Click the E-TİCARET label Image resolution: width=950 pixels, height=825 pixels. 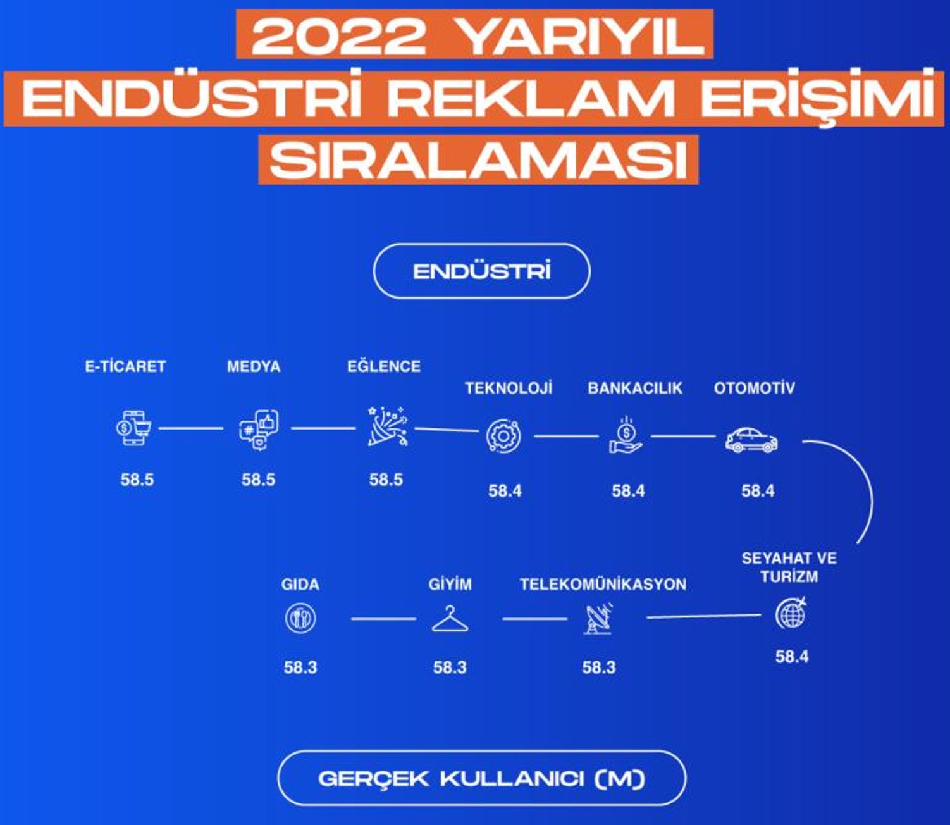pos(125,367)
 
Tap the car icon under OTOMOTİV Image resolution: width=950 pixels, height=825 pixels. pos(751,440)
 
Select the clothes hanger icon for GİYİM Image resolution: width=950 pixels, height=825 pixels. pos(450,618)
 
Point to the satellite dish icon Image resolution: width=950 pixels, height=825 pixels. pos(598,618)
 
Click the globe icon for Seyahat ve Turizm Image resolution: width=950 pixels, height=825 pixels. pos(791,613)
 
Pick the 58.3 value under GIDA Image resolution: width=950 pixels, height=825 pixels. pos(300,667)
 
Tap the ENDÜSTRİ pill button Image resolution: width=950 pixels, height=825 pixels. pos(481,271)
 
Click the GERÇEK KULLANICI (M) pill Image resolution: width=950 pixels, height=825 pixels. pos(481,779)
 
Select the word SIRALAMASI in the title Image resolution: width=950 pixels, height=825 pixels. pos(478,160)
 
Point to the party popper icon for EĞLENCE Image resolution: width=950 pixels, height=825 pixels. pos(388,426)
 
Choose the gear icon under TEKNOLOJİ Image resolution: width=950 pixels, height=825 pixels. pos(504,436)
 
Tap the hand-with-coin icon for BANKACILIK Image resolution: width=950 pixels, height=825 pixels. pos(626,435)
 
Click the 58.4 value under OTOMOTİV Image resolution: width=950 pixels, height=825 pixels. pos(758,491)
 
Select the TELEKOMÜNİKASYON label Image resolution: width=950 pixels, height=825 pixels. pos(603,585)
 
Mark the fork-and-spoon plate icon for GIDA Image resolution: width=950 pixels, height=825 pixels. pos(300,618)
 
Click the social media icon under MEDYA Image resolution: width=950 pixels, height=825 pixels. pos(259,430)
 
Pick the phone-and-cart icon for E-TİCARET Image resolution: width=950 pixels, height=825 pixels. pos(133,428)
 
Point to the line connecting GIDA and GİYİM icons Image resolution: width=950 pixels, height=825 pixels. pos(383,619)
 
